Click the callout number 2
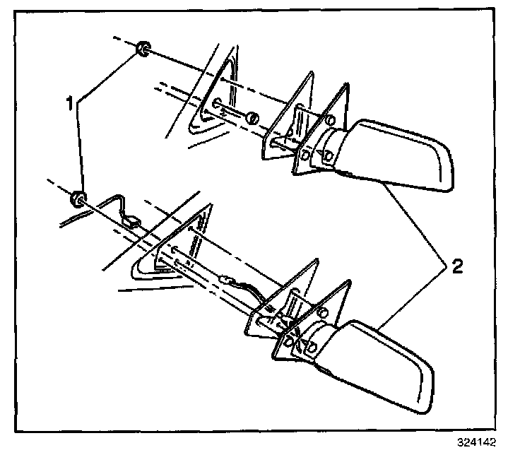coord(458,266)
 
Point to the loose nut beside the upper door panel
coord(252,118)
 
